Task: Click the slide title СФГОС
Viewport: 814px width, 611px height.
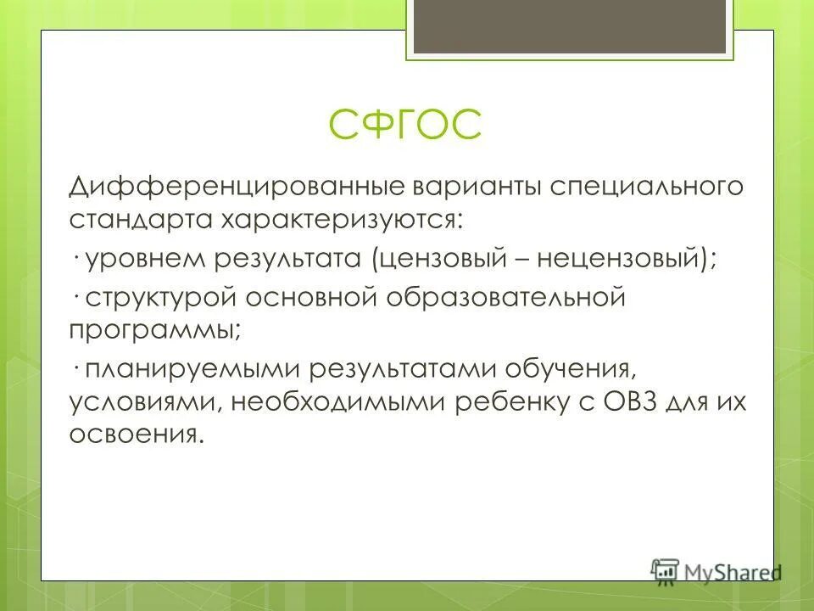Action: [x=404, y=126]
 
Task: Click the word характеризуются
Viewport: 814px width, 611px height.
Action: [x=343, y=221]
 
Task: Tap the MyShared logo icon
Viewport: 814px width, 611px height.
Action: [x=665, y=570]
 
